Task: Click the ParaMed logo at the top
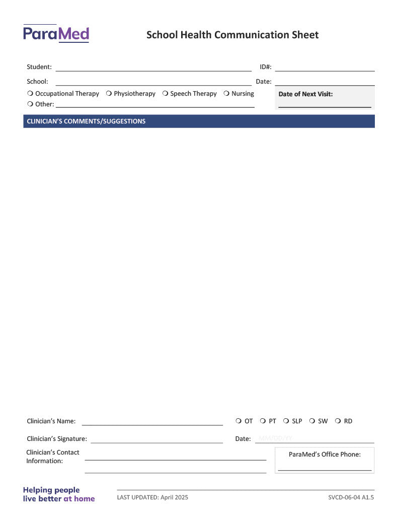point(56,34)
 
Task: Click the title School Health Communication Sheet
point(232,35)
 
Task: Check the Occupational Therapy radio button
point(30,94)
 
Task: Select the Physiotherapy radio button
point(109,94)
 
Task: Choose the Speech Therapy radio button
point(165,94)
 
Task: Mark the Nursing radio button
point(226,94)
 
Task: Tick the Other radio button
point(30,104)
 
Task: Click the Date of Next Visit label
point(305,94)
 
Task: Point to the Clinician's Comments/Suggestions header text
point(86,121)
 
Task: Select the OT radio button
point(238,421)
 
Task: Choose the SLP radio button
point(286,421)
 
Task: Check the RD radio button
point(338,421)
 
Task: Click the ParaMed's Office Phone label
point(325,455)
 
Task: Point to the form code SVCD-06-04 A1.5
point(351,497)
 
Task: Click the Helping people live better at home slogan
point(58,494)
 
